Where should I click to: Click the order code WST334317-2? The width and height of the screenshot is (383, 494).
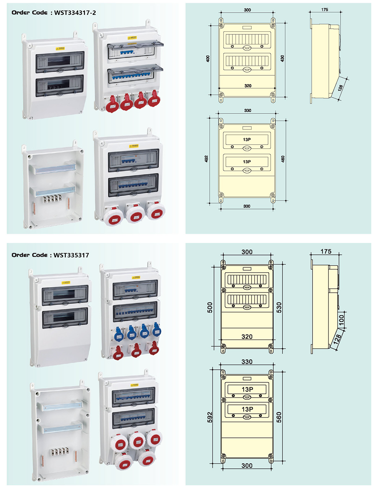75,13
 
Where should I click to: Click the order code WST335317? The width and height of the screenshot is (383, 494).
71,255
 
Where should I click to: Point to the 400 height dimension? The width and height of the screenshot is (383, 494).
208,58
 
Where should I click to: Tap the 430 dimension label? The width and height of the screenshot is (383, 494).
282,58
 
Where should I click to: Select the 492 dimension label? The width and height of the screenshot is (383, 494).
206,158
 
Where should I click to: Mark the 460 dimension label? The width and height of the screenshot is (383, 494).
283,158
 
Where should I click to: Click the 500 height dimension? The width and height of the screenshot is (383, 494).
210,307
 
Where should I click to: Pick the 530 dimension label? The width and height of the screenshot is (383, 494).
279,307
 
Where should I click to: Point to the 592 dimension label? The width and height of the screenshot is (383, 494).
210,417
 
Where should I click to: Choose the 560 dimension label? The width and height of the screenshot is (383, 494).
279,417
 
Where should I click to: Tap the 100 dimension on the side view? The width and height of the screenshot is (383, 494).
341,320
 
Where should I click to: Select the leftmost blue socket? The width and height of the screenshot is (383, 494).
119,334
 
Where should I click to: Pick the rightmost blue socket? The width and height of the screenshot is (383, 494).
156,330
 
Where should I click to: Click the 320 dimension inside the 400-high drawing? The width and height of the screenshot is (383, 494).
248,86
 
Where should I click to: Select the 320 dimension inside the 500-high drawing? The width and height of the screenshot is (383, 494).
247,336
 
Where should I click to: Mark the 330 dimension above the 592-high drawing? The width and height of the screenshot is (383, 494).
247,362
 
